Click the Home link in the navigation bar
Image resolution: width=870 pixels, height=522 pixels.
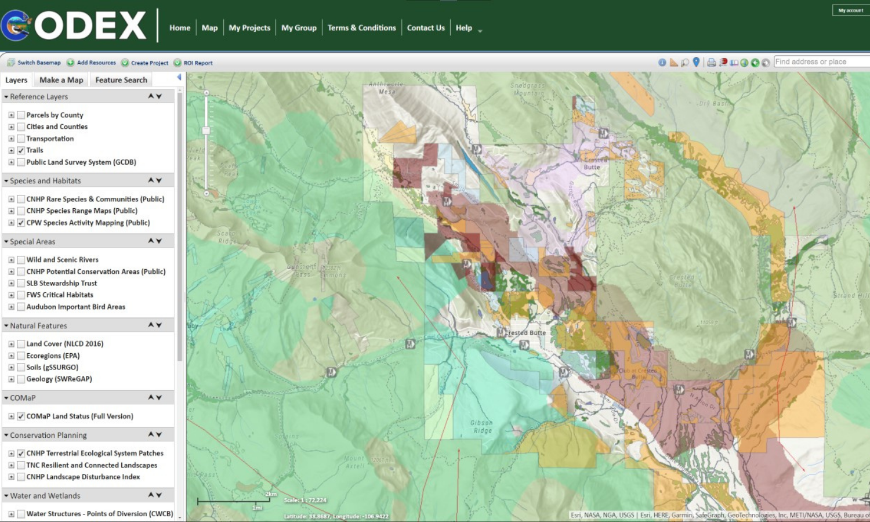coord(180,28)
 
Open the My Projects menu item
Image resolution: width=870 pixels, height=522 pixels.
coord(249,28)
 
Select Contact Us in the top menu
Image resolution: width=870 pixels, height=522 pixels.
coord(426,28)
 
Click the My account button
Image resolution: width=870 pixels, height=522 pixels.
coord(850,10)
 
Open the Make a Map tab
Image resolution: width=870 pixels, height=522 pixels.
coord(61,80)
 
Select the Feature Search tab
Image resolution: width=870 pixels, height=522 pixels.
coord(121,80)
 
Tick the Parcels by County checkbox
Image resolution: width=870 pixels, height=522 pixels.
coord(21,115)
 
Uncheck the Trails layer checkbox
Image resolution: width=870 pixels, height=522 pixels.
coord(21,150)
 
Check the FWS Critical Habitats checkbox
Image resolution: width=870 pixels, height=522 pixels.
coord(21,295)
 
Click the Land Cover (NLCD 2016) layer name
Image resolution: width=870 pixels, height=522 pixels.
coord(65,344)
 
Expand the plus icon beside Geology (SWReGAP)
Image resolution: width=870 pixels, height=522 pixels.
coord(11,379)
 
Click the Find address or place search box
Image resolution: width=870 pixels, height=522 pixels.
coord(821,62)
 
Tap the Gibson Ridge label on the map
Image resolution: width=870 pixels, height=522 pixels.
coord(482,426)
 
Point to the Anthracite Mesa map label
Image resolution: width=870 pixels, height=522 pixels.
coord(386,88)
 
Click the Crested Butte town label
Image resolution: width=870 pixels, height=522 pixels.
coord(525,333)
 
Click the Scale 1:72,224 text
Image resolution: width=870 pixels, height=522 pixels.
coord(305,500)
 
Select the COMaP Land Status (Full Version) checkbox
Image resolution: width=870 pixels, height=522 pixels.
coord(21,416)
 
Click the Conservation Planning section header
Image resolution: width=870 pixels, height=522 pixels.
coord(48,436)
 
